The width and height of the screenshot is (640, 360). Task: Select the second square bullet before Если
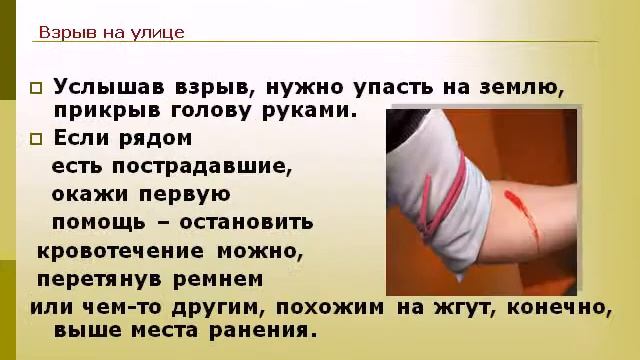tap(37, 138)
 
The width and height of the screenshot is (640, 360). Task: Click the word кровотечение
tap(120, 249)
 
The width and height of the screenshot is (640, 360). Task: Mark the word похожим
tap(330, 305)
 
